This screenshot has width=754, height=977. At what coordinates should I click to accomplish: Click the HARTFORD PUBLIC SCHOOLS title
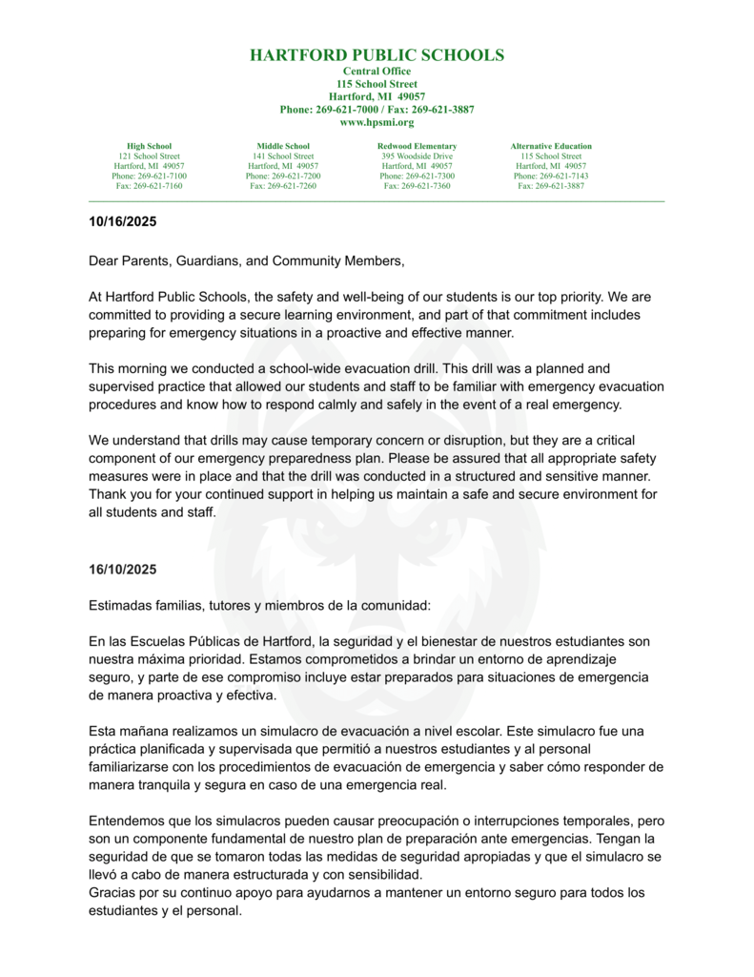click(377, 55)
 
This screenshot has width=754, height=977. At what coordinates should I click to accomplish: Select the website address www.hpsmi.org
click(377, 122)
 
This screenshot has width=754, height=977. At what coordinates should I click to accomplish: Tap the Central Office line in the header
click(377, 72)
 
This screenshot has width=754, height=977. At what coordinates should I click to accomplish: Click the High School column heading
click(149, 146)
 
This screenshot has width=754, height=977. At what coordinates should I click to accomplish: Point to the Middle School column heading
click(283, 146)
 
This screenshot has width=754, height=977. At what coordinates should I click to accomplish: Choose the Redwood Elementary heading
click(417, 146)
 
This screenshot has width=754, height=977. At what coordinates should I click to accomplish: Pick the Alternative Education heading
click(551, 146)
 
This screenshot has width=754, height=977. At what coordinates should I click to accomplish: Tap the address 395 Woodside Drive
click(417, 156)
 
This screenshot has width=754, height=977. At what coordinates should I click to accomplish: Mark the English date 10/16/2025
click(122, 222)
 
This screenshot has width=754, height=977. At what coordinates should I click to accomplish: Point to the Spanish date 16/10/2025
click(122, 570)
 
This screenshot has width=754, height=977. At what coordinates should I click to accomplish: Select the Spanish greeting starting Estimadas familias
click(259, 606)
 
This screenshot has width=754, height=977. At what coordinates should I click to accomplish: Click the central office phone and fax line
click(377, 110)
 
